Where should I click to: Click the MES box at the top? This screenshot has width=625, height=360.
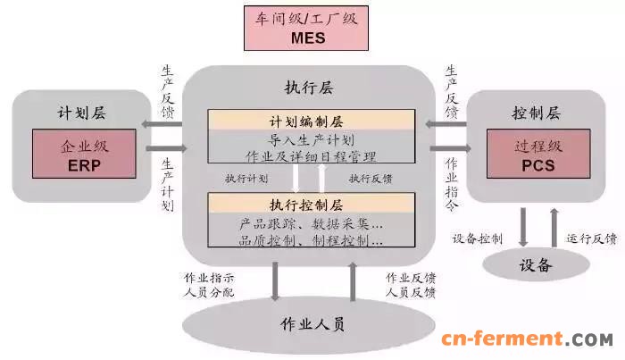306,28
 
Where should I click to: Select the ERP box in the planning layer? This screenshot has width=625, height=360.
84,154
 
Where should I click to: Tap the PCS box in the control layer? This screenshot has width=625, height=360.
538,154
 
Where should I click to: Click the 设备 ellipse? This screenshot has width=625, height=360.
536,264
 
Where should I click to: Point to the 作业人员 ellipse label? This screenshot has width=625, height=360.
312,324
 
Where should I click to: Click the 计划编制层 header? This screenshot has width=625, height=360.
306,121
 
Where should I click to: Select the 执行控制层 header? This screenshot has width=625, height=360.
306,205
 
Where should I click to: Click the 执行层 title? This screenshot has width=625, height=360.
309,88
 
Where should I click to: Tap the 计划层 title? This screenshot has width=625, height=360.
82,113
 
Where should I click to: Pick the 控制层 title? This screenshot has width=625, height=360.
537,113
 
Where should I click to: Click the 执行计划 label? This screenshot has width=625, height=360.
246,178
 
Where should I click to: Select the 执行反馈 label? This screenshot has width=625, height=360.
371,178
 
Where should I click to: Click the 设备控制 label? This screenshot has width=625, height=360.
478,239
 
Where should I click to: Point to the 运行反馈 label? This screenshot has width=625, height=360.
592,239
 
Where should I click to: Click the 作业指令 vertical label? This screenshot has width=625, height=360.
452,184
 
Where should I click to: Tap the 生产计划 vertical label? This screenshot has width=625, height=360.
168,185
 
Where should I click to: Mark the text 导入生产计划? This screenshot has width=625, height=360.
311,140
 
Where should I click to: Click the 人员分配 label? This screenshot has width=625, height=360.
209,292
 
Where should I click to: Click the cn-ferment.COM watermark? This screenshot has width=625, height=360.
528,339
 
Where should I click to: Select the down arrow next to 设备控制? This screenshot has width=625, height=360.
523,227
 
